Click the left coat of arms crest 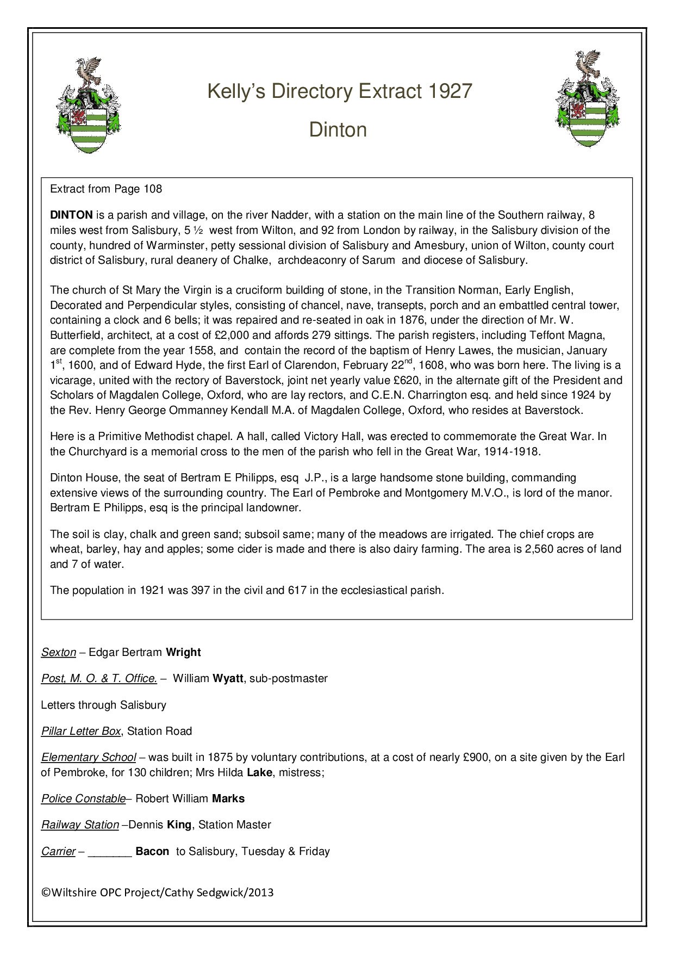pyautogui.click(x=89, y=105)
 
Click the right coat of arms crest pyautogui.click(x=587, y=100)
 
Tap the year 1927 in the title pyautogui.click(x=450, y=91)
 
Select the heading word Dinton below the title pyautogui.click(x=338, y=130)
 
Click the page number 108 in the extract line pyautogui.click(x=153, y=189)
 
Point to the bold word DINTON pyautogui.click(x=71, y=215)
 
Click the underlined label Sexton pyautogui.click(x=59, y=653)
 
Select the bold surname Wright pyautogui.click(x=183, y=653)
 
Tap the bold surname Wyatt pyautogui.click(x=228, y=679)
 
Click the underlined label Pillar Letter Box pyautogui.click(x=81, y=732)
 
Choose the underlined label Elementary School pyautogui.click(x=89, y=758)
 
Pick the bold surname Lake pyautogui.click(x=259, y=773)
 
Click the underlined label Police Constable pyautogui.click(x=84, y=799)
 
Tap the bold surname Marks pyautogui.click(x=228, y=799)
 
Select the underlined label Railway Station pyautogui.click(x=80, y=825)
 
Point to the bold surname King pyautogui.click(x=179, y=825)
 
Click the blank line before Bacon pyautogui.click(x=110, y=852)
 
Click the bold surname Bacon pyautogui.click(x=152, y=852)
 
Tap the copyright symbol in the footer pyautogui.click(x=46, y=893)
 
